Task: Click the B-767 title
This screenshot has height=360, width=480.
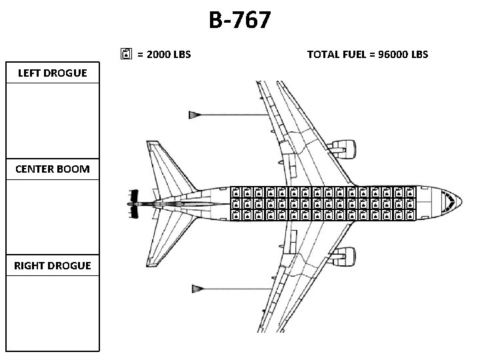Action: (x=239, y=20)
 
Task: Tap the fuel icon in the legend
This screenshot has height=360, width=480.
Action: (x=127, y=54)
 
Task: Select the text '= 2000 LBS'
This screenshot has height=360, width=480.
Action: (x=163, y=54)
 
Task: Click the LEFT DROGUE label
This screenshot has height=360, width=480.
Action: (x=53, y=73)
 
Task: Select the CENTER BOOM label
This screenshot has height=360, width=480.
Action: (x=53, y=169)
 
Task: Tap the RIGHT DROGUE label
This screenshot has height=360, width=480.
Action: (x=53, y=265)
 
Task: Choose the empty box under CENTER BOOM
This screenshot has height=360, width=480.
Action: (x=53, y=217)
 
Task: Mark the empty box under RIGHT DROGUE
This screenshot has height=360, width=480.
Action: (x=53, y=312)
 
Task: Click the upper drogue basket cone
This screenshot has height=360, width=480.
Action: (x=196, y=115)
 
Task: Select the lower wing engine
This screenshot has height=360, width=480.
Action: (x=343, y=257)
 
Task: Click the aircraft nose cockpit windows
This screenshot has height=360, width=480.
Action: (x=451, y=200)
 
